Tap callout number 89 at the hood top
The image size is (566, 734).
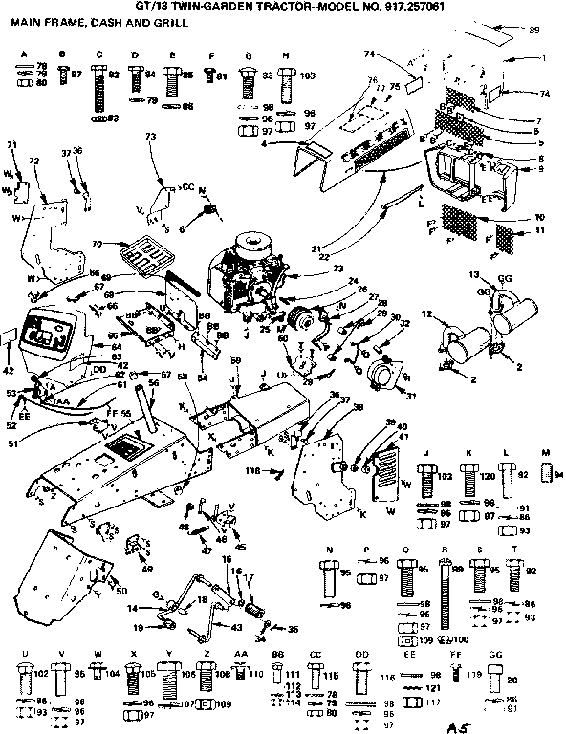click(x=533, y=32)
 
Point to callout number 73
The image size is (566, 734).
click(x=150, y=138)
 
